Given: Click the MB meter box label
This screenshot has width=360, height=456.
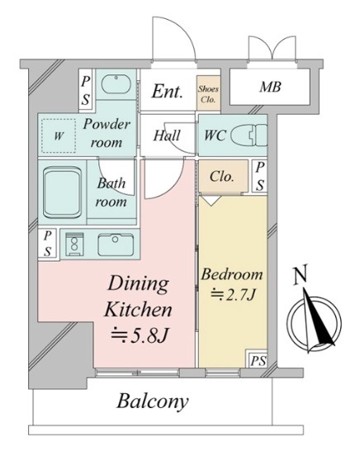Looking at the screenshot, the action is click(x=271, y=87).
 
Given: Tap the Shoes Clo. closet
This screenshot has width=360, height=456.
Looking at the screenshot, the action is click(x=209, y=93).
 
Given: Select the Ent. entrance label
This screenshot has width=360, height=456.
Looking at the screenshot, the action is click(x=168, y=91).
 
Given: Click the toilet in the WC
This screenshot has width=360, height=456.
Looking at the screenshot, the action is click(x=249, y=135).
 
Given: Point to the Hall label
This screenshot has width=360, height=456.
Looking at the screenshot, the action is click(x=167, y=135).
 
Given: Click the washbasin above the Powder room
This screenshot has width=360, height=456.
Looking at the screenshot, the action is click(x=116, y=84).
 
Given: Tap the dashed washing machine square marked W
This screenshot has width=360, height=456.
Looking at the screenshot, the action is click(x=59, y=135).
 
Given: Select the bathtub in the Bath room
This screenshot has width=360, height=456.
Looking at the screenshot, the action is click(x=62, y=192).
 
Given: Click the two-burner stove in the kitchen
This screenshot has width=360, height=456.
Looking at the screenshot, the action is click(x=74, y=244).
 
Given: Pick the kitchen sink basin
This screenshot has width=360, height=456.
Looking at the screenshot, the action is click(x=116, y=245).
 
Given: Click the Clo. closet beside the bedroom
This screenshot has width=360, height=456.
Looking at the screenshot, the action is click(x=223, y=176).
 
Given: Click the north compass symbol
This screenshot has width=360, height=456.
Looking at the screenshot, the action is click(x=315, y=321).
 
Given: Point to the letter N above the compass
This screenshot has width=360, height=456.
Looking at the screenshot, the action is click(x=301, y=274).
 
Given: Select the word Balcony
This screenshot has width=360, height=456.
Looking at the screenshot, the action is click(x=153, y=402).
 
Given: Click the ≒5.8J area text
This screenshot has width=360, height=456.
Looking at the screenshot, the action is click(x=140, y=335).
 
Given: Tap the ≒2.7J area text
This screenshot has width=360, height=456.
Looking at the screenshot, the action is click(x=233, y=295).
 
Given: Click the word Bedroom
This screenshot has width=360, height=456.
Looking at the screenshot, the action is click(x=232, y=274).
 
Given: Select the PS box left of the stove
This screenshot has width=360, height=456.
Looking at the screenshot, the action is click(x=48, y=244).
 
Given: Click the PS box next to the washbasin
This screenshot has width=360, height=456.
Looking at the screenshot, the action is click(x=86, y=89).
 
